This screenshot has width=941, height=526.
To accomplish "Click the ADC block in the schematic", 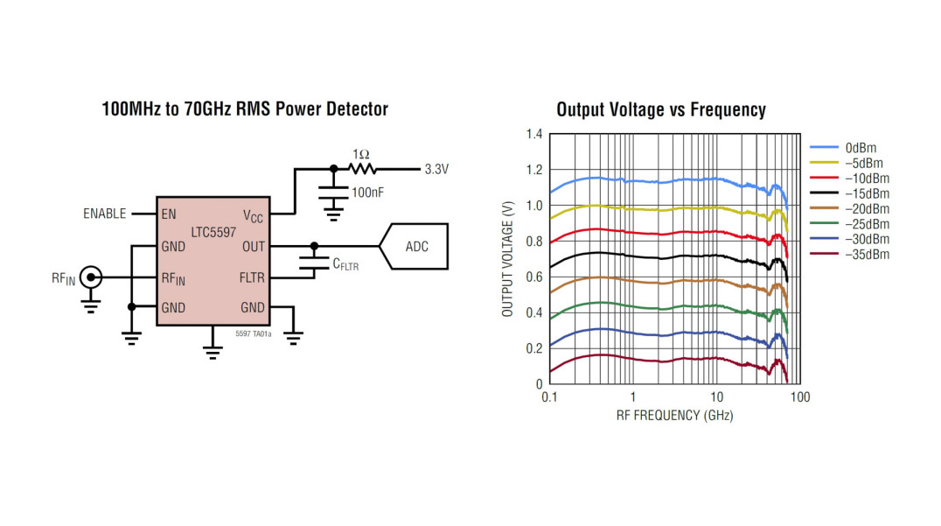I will coord(416,247).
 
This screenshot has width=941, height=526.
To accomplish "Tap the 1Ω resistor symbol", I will coord(361,169).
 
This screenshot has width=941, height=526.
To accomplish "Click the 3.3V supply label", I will coord(436,170).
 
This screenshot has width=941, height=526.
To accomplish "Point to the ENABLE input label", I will coord(105,214).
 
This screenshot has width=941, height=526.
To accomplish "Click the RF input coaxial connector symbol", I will coord(89,278).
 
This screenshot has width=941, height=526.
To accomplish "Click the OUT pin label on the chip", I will coord(252,247).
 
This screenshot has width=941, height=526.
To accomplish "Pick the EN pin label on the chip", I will coord(169,214).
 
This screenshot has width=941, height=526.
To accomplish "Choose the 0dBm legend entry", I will coord(861,148).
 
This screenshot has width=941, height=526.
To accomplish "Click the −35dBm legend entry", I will coord(867,255).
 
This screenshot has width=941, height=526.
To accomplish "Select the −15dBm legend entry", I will coord(867,193).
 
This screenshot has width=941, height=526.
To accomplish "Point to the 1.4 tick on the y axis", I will coord(533,134).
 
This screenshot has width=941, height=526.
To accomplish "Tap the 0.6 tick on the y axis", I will coord(533,277).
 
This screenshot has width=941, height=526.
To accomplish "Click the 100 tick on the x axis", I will coord(799,396).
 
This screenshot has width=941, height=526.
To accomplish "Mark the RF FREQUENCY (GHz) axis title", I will coord(674,415).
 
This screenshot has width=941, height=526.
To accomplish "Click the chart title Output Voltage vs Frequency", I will coord(660,109).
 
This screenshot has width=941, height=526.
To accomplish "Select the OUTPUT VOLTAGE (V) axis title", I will coord(508,259).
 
